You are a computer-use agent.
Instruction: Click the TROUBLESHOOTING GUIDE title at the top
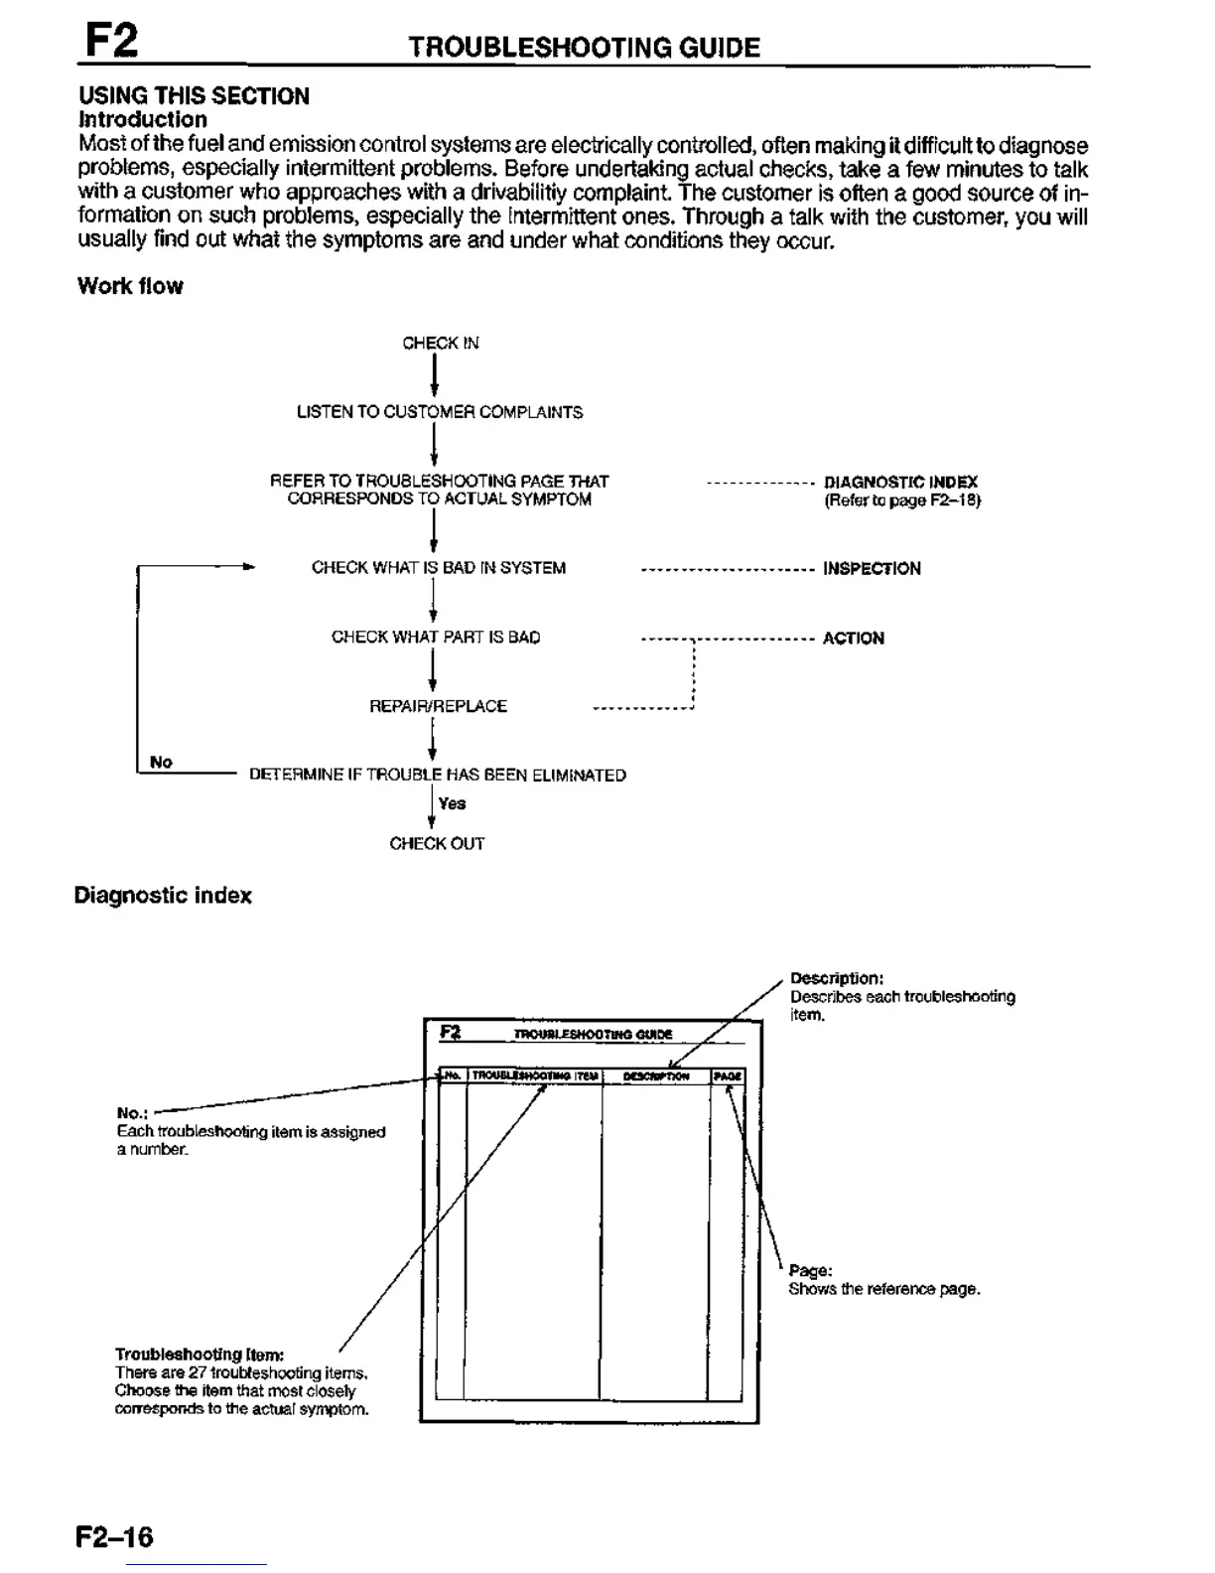585,48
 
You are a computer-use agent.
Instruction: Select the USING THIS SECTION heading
195,96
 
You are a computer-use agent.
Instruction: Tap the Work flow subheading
131,286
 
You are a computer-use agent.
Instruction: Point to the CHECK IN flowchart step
440,344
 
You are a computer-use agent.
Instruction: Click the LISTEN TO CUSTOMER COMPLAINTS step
440,412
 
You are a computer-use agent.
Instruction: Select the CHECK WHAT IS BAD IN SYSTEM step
439,568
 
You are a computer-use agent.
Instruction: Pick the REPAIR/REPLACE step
438,706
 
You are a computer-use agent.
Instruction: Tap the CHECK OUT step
437,844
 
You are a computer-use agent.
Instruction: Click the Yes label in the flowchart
452,803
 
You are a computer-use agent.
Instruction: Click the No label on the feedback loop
161,762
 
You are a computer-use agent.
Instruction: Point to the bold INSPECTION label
872,569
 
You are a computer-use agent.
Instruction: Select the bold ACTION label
853,639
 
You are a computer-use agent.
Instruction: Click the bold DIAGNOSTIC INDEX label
900,482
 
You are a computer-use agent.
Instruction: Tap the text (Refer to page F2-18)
901,500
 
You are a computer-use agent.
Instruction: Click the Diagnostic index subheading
163,896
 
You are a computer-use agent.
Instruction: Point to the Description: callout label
830,978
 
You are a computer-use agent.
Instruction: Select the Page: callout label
810,1271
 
